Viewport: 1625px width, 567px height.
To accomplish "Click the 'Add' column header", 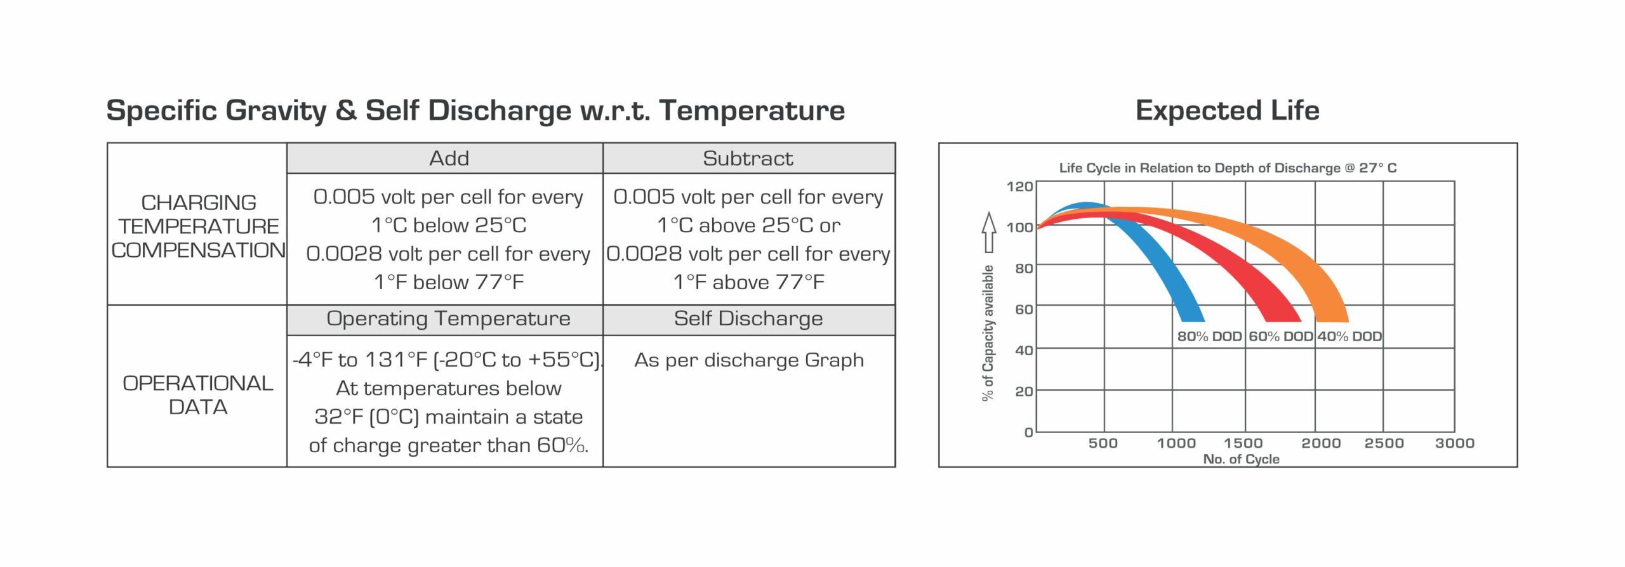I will click(x=449, y=158).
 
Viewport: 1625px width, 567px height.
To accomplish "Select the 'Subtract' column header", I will click(x=748, y=158).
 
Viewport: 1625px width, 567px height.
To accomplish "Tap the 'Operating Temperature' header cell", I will click(x=448, y=318).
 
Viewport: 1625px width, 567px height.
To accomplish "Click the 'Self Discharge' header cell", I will click(x=748, y=318).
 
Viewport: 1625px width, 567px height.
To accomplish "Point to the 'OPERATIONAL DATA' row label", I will click(x=197, y=394).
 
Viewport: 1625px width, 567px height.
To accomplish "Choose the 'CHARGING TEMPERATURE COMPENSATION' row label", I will click(x=198, y=226).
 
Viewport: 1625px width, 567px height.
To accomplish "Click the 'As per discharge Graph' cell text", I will click(x=748, y=360).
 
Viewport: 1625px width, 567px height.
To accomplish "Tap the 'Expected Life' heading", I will click(x=1227, y=110).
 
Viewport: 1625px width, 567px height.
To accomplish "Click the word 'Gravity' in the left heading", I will click(x=275, y=110).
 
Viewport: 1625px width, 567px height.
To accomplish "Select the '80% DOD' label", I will click(x=1209, y=336).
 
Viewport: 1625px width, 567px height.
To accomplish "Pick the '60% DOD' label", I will click(x=1280, y=336).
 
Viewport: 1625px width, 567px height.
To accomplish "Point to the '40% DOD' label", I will click(x=1349, y=336).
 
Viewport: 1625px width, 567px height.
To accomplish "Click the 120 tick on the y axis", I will click(x=1019, y=186).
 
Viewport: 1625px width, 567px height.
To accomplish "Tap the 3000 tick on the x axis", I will click(x=1454, y=443).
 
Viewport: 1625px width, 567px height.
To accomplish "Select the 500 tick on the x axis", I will click(x=1103, y=443).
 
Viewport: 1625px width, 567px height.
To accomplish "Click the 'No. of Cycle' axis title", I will click(x=1241, y=459).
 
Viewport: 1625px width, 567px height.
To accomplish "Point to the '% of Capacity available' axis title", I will click(x=988, y=333).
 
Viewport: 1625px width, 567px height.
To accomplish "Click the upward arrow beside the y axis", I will click(x=988, y=231).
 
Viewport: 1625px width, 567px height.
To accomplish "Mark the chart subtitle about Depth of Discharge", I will click(x=1228, y=168).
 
